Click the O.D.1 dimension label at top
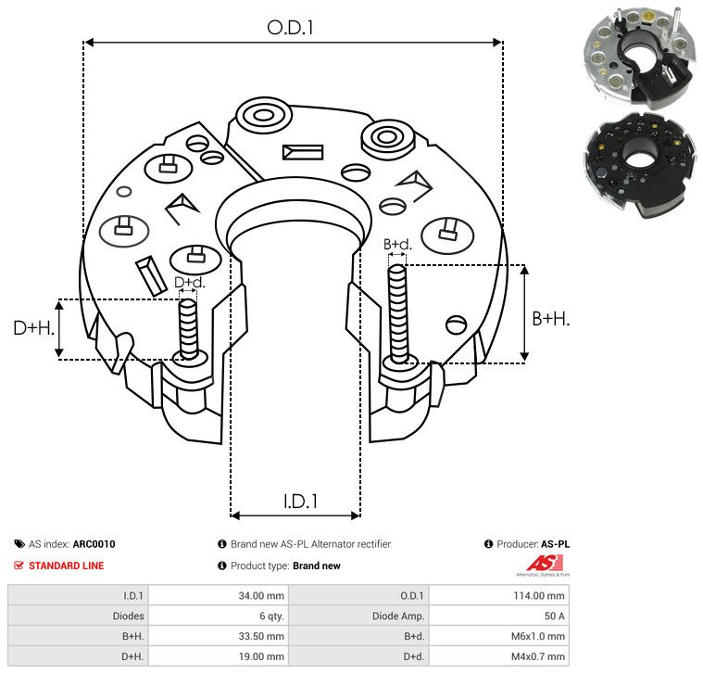[291, 28]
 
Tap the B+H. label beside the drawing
[550, 318]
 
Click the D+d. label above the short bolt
[189, 282]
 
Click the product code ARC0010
[94, 544]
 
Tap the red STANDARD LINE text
[66, 566]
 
